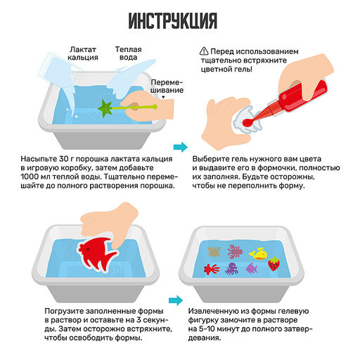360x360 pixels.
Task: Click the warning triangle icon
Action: click(x=205, y=51)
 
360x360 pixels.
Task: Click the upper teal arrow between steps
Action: click(x=181, y=147)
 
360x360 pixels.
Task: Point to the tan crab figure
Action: click(x=214, y=251)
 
